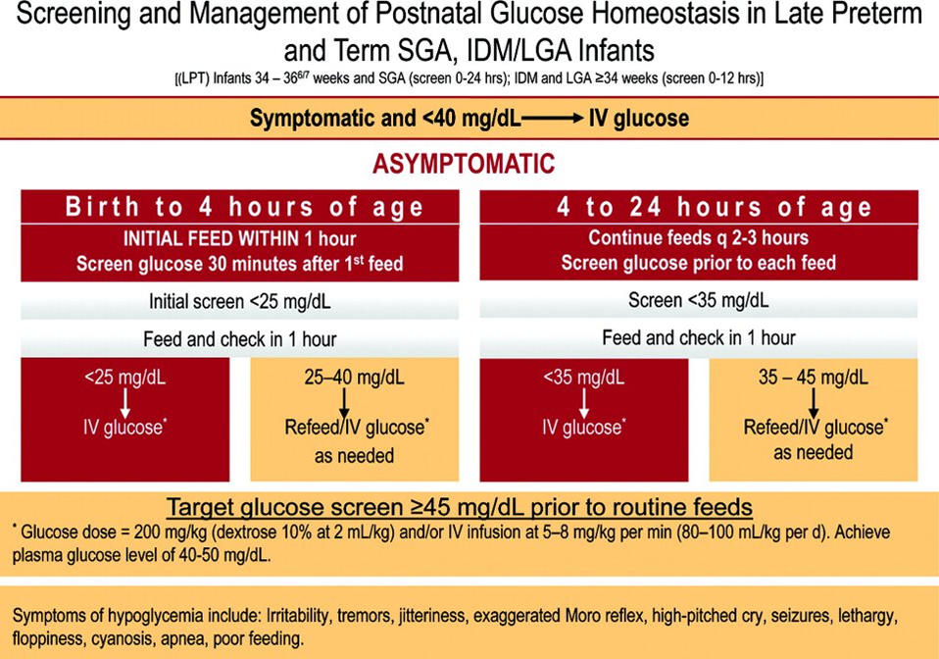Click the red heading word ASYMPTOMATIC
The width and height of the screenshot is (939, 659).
[x=464, y=164]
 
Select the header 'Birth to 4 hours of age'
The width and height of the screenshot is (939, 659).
[x=245, y=207]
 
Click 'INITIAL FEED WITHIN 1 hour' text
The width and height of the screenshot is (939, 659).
[x=239, y=239]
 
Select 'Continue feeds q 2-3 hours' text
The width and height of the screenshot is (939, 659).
[x=698, y=239]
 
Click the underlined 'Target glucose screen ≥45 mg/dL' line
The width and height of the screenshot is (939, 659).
[x=460, y=507]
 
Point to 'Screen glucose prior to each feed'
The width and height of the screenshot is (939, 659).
[x=698, y=263]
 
